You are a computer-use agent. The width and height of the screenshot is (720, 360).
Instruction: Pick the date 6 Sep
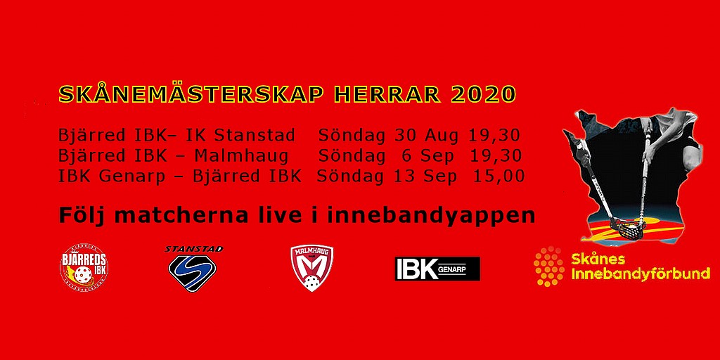[x=431, y=156]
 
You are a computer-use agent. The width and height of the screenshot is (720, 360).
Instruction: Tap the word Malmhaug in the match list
[x=241, y=156]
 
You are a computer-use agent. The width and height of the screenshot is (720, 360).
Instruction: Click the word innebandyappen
[x=431, y=216]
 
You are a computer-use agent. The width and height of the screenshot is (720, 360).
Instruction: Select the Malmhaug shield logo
[x=312, y=268]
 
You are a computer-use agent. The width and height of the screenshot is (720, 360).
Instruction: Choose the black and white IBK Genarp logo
[x=437, y=269]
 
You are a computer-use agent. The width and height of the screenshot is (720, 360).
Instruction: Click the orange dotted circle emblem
[x=549, y=266]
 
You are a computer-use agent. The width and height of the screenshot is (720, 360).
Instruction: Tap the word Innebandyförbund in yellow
[x=641, y=275]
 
